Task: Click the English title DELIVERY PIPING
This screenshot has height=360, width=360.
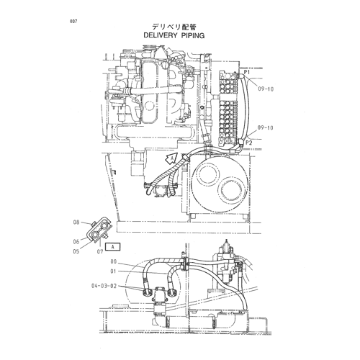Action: [x=174, y=35]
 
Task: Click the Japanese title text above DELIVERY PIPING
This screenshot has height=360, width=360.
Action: [x=174, y=27]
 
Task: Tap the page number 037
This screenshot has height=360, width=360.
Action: [x=73, y=22]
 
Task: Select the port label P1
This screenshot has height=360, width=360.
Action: [x=247, y=72]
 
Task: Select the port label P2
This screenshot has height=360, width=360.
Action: [x=249, y=143]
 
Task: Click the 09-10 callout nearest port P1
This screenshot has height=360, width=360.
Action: [x=266, y=89]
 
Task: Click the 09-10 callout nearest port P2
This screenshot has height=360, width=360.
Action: [x=266, y=127]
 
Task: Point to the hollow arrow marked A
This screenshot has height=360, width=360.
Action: [x=171, y=158]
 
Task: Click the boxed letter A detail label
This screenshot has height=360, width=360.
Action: [x=112, y=247]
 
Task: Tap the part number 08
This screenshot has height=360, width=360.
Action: [x=76, y=222]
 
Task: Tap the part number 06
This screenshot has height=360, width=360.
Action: [x=76, y=242]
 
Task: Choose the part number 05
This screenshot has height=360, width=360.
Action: [x=76, y=251]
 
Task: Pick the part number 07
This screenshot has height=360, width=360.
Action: [x=100, y=251]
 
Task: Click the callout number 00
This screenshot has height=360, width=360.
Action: [x=113, y=261]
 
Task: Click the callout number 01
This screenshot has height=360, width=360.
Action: [x=113, y=271]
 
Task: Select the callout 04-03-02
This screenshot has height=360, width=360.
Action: [x=104, y=286]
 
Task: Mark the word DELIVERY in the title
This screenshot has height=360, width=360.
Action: [x=160, y=35]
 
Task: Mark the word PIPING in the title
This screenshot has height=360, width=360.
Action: [x=193, y=35]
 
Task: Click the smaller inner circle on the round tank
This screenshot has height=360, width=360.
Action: [x=207, y=174]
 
